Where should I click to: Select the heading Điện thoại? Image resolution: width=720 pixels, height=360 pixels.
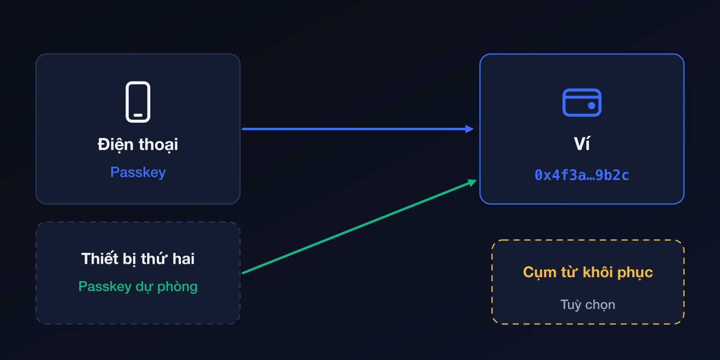[138, 144]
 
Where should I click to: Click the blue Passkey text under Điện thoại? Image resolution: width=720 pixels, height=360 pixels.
[138, 172]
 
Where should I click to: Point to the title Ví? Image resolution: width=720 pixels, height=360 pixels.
[582, 143]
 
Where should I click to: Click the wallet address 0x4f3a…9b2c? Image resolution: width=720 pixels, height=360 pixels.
[582, 175]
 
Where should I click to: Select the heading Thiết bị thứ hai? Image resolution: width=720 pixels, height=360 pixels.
[138, 259]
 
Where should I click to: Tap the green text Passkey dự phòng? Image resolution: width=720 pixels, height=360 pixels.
[138, 286]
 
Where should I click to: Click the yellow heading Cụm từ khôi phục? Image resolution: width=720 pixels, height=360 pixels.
[588, 273]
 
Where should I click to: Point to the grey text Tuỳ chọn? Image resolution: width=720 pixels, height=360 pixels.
[588, 305]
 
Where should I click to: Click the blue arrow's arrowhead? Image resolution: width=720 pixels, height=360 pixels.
[469, 129]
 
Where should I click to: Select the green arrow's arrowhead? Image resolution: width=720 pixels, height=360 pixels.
[472, 183]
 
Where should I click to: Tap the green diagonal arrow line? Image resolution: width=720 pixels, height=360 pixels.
[360, 227]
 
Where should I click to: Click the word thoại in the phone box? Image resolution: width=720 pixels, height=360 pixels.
[158, 144]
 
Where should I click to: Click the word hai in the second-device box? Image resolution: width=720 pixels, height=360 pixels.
[183, 259]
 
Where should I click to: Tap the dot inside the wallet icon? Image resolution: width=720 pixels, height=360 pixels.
[591, 105]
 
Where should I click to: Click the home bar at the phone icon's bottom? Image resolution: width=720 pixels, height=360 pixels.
[138, 115]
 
